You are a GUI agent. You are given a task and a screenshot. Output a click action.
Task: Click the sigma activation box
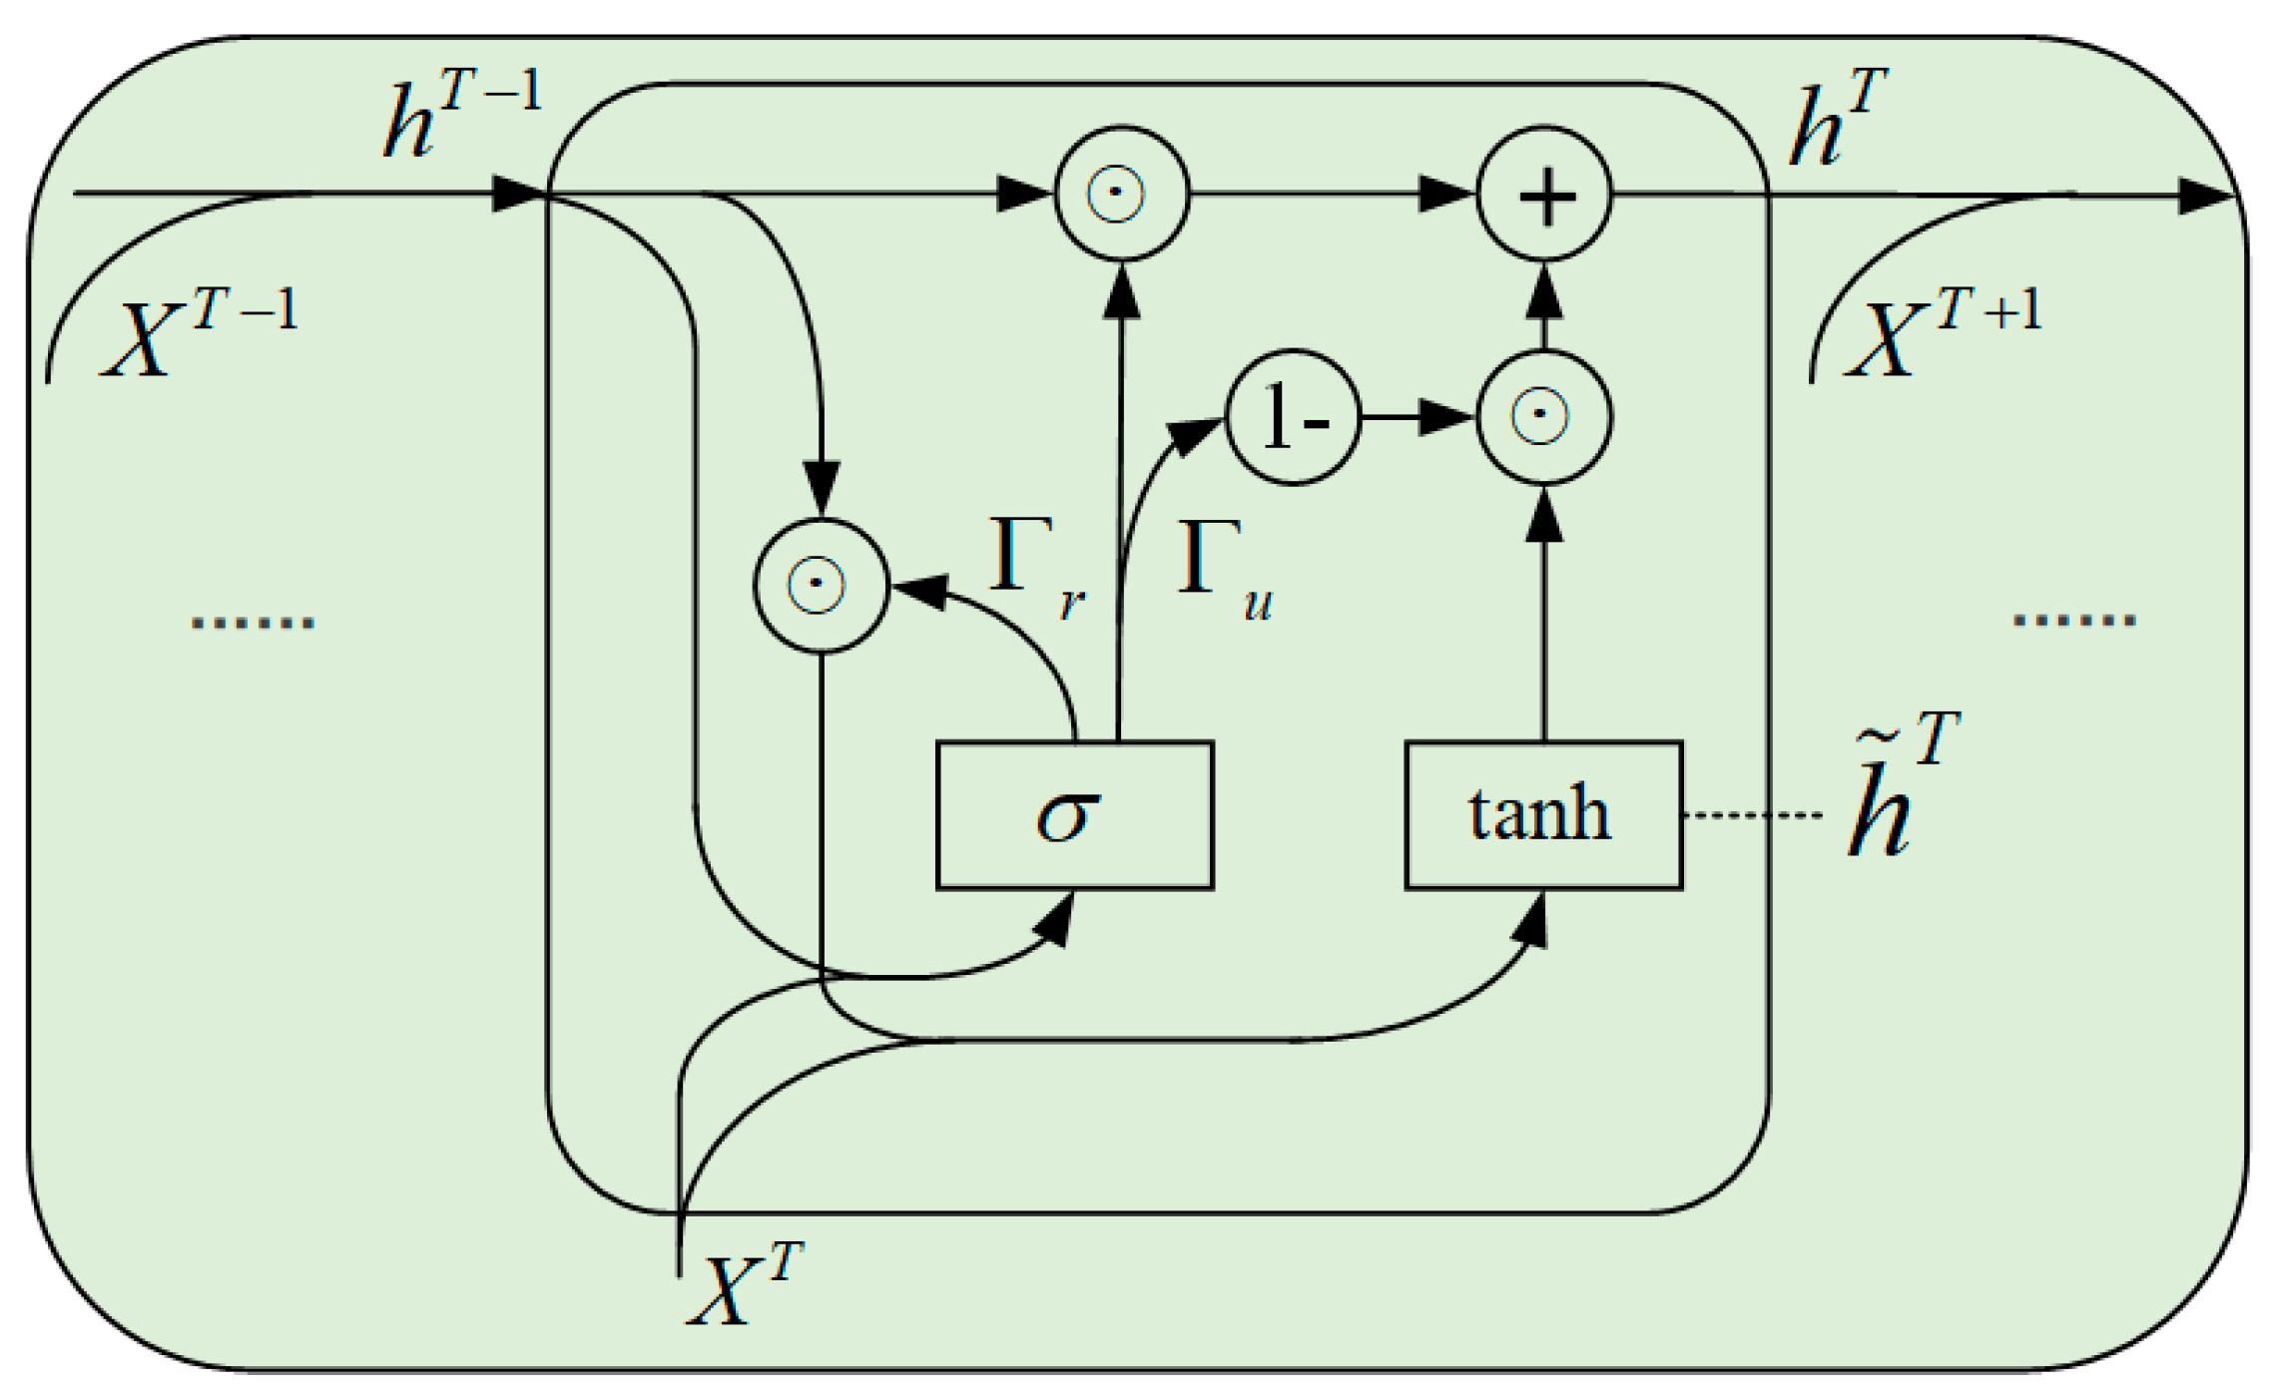point(1074,815)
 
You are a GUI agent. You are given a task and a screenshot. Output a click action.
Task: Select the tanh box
point(1543,815)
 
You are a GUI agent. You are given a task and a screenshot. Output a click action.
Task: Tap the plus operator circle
point(1544,194)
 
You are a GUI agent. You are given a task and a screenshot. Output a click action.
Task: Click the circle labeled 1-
point(1293,417)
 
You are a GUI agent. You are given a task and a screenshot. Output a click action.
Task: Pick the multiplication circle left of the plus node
point(1121,194)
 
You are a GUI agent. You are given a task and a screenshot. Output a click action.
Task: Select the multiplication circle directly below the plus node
point(1544,417)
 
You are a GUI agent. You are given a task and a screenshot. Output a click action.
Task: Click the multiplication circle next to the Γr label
point(821,586)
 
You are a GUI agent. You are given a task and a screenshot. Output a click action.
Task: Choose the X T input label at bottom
point(744,1287)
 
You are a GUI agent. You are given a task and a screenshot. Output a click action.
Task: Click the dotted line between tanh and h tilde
point(1752,816)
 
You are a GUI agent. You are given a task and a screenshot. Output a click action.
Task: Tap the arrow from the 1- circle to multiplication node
point(1418,417)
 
